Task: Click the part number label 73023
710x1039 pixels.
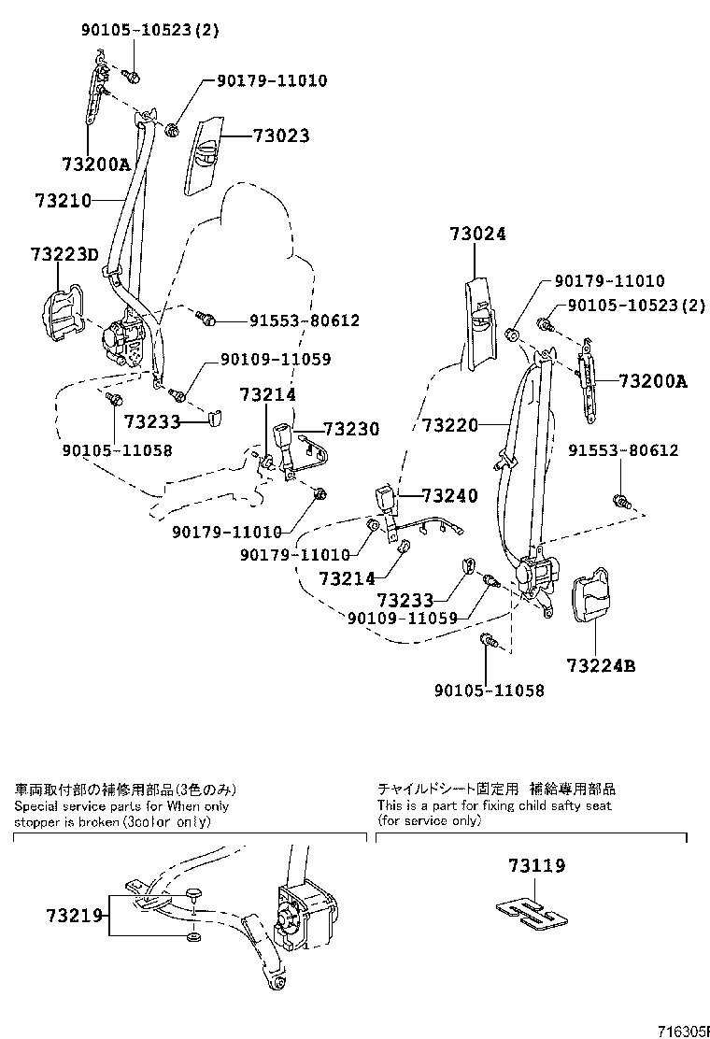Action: (280, 135)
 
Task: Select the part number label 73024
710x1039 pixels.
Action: (476, 235)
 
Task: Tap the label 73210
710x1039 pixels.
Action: (63, 200)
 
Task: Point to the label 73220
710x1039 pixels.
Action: (450, 425)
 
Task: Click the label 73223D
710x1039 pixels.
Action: (64, 253)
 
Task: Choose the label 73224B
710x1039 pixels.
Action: (600, 666)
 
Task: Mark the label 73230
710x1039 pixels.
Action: (351, 430)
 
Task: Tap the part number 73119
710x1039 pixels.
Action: (537, 866)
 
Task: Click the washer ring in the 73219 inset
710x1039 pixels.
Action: (192, 936)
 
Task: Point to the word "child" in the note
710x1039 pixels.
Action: (518, 805)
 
